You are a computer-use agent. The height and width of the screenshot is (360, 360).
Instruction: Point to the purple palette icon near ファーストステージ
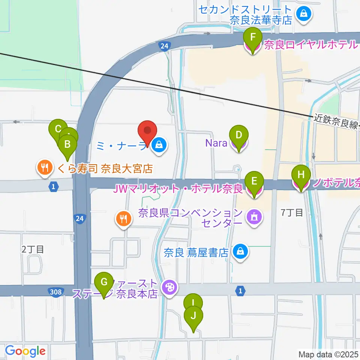click(x=169, y=288)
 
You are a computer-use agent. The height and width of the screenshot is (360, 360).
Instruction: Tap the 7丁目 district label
click(x=292, y=213)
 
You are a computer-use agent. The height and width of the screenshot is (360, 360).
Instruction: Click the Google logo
click(x=25, y=351)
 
